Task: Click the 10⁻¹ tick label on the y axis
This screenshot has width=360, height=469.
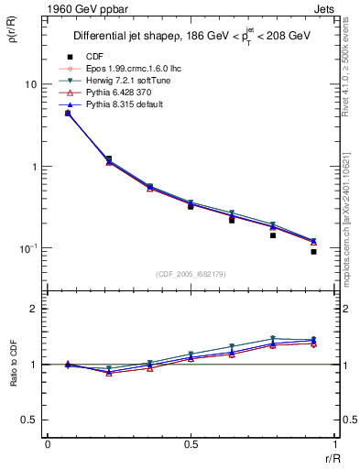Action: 28,248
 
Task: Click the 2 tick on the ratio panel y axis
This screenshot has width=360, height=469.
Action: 34,309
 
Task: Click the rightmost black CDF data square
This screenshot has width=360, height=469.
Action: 314,251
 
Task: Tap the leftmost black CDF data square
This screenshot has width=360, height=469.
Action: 68,113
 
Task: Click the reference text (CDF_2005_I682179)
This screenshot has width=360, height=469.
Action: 191,274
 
